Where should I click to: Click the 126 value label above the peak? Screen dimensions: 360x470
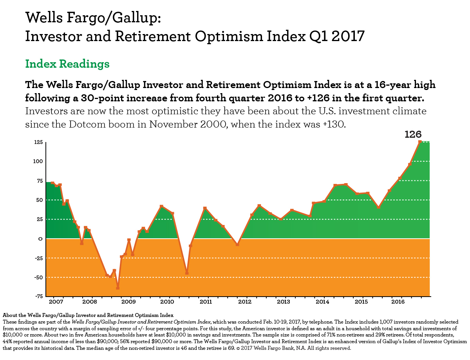pos(413,135)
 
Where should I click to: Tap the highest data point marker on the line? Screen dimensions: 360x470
pos(420,142)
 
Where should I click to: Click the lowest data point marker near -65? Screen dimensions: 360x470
pos(118,288)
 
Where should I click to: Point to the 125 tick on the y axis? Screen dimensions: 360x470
pos(38,142)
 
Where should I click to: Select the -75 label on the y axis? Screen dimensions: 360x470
pos(38,297)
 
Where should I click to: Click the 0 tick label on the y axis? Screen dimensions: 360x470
pos(40,239)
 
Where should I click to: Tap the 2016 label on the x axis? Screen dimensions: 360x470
pos(398,302)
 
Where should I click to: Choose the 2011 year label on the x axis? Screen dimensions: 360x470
pos(206,302)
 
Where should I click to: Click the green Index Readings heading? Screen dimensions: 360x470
pos(67,64)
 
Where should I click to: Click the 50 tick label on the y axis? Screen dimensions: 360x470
pos(39,200)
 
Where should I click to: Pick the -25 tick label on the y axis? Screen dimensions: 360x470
pos(38,258)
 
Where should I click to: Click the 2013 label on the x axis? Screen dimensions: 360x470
pos(283,302)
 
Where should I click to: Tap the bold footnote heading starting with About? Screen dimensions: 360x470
pos(88,315)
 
